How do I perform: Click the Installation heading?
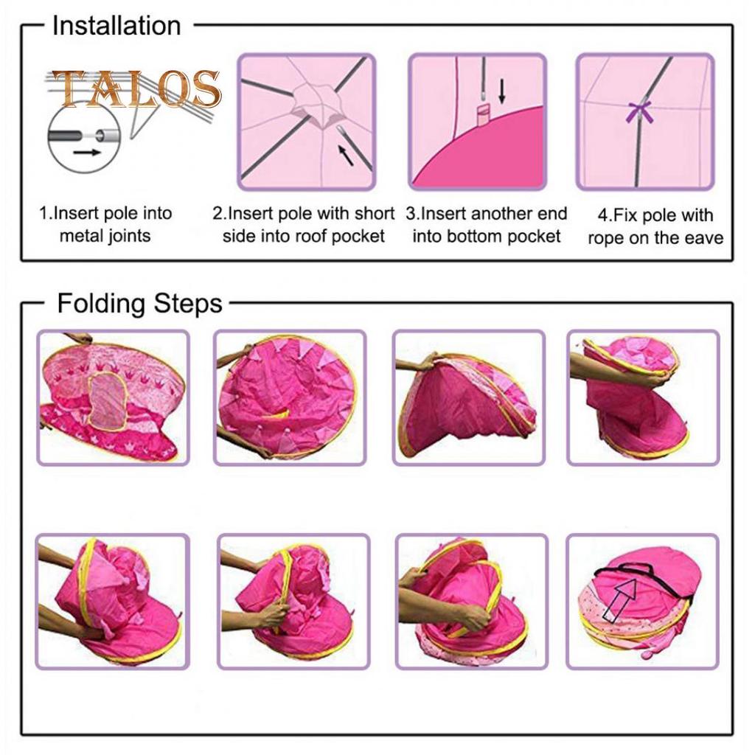[x=116, y=26]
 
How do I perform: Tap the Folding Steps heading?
[x=139, y=304]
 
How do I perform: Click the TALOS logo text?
[x=136, y=89]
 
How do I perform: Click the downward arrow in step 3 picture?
[x=501, y=91]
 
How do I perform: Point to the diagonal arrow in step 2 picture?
[x=345, y=155]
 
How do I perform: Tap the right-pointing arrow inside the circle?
[x=87, y=153]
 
